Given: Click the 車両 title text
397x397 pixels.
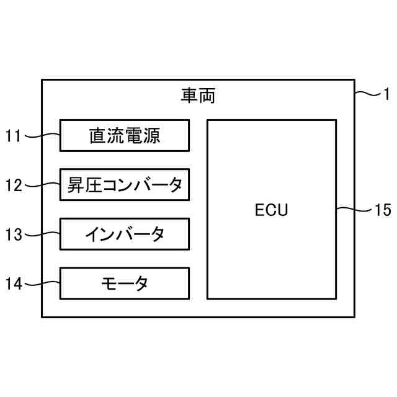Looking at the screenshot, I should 198,96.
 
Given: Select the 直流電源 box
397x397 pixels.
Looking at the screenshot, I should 125,135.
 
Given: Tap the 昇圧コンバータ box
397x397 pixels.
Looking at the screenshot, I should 125,185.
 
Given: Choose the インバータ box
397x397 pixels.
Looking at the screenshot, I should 125,234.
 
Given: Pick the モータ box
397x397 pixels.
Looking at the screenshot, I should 125,283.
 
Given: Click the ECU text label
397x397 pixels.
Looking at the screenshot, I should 272,210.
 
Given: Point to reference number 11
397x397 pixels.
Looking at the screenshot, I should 14,136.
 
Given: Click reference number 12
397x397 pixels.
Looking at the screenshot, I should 14,185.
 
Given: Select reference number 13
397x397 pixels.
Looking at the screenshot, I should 14,234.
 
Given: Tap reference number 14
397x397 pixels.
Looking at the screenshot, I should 14,284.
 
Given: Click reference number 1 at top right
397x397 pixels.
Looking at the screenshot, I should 386,94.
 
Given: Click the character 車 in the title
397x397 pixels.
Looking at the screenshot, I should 189,96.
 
